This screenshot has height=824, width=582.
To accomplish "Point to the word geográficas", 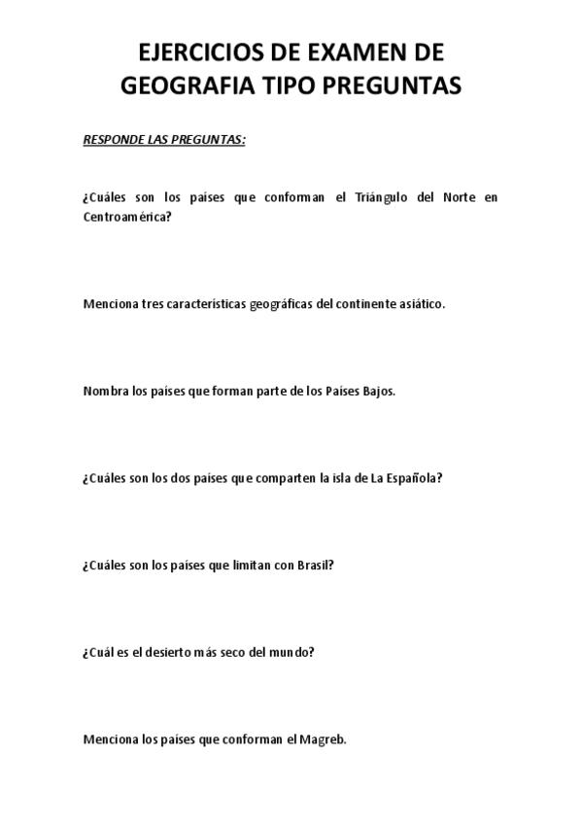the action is [x=276, y=303].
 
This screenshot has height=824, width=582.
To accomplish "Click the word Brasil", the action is [x=316, y=565].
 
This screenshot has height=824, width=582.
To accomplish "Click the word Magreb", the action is [x=322, y=738].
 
